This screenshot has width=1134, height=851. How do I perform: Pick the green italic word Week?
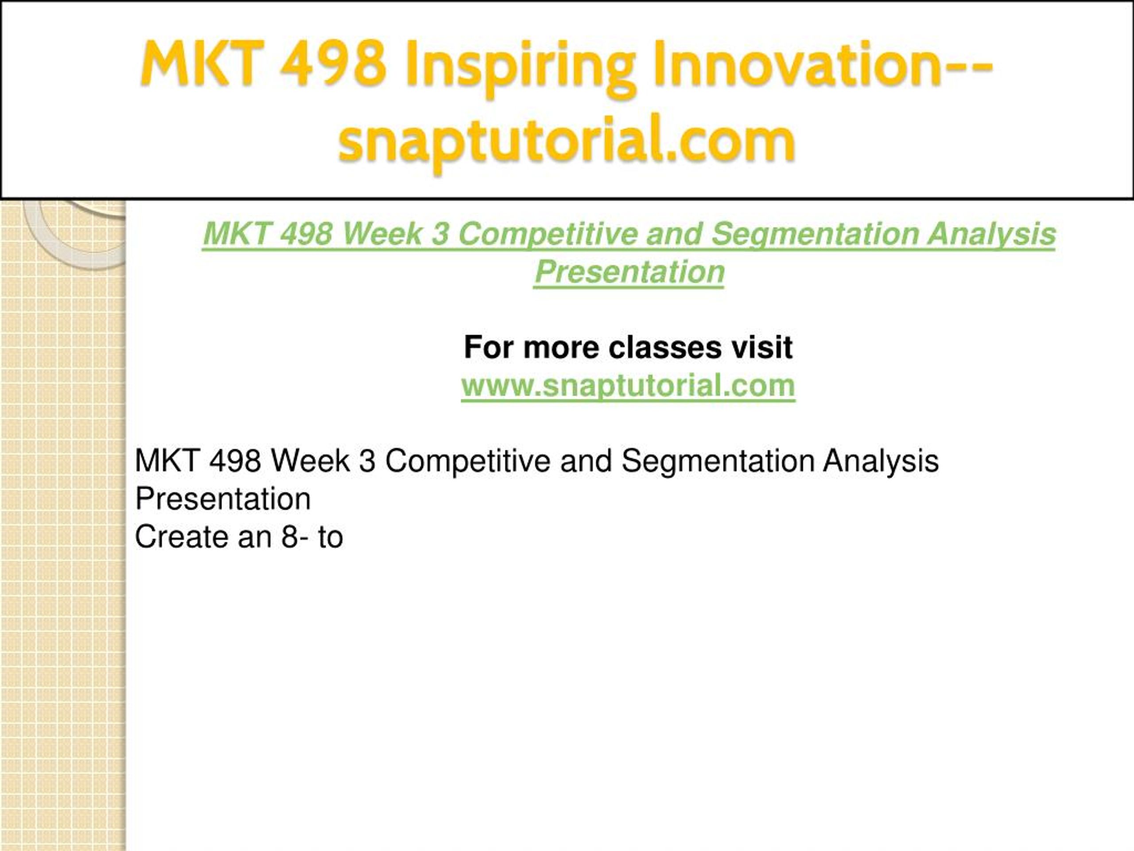point(382,234)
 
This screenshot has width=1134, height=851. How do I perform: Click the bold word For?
point(489,347)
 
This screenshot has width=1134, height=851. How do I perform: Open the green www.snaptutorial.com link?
point(628,385)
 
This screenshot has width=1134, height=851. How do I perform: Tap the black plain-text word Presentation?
point(223,499)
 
